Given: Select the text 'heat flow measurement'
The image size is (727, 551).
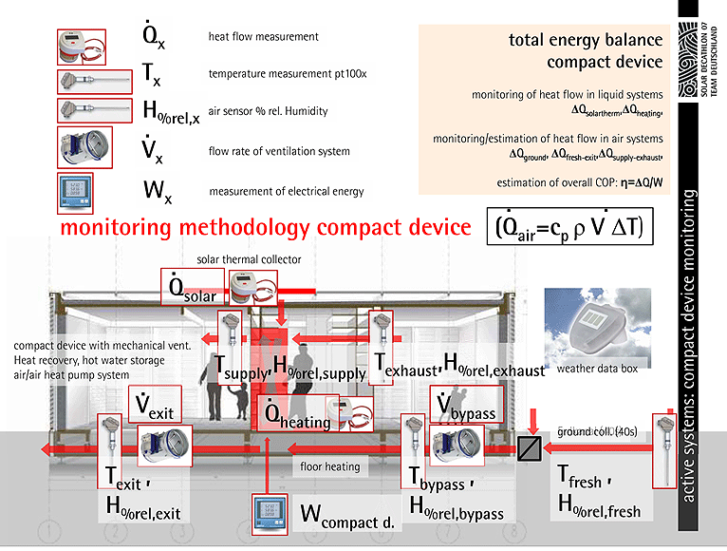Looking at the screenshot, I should [x=263, y=38].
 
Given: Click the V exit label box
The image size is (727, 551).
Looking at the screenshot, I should [x=154, y=407].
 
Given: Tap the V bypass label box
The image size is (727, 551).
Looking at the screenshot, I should [x=462, y=404].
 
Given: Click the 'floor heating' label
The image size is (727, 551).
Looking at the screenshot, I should [x=329, y=466].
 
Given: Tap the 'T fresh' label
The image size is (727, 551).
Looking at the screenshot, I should [x=579, y=480].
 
